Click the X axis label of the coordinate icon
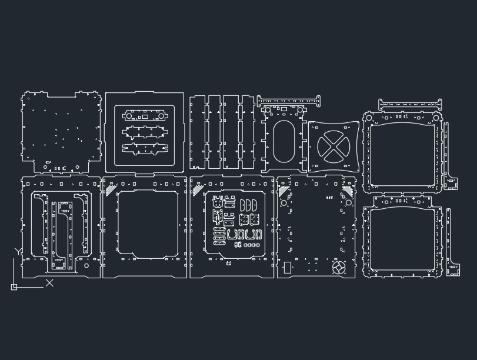pos(49,283)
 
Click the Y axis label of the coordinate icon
pos(18,252)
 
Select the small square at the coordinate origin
pos(14,287)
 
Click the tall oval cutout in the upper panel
pos(284,141)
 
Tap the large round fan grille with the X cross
pos(333,146)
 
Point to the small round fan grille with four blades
pos(339,268)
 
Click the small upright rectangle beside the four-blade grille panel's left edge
pos(287,268)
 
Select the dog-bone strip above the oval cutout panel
pos(288,101)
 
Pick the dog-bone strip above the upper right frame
pos(410,105)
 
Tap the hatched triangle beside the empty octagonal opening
pos(111,189)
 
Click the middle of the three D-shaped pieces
pos(249,205)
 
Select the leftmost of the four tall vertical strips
pos(198,132)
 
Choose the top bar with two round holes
pos(145,116)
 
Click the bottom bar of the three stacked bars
pos(145,148)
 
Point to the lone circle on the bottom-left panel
pos(86,266)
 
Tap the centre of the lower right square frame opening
pos(402,239)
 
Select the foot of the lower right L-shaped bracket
pos(453,270)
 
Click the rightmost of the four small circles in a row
pos(258,245)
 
